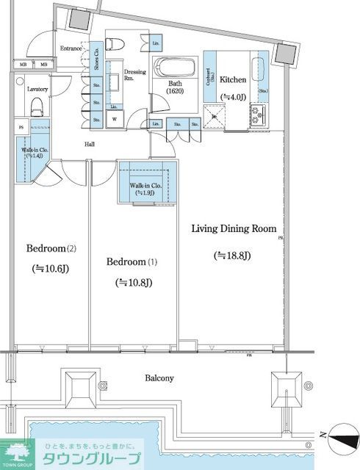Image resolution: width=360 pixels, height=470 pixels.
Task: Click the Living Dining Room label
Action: point(233,228)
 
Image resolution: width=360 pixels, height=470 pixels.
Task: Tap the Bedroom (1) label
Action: point(132,262)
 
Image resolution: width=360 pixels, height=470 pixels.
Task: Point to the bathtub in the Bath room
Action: point(174,69)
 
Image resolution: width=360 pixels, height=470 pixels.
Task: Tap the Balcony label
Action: point(158,378)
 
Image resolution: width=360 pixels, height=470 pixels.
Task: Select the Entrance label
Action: point(71,48)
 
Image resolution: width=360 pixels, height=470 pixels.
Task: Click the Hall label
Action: point(90,145)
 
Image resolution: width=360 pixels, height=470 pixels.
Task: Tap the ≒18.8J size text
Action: point(233,256)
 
